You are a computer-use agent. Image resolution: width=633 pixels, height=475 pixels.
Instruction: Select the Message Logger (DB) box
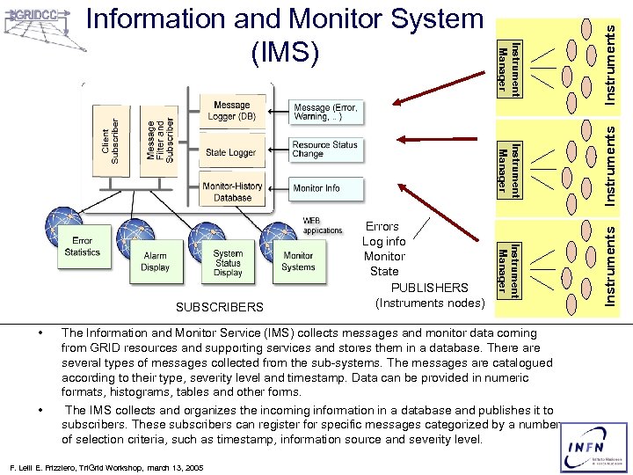(231, 111)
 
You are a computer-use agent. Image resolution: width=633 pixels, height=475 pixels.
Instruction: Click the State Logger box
(230, 152)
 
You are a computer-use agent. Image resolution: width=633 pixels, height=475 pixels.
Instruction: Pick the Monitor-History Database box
(232, 191)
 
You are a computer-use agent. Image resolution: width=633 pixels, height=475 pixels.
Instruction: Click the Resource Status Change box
(324, 149)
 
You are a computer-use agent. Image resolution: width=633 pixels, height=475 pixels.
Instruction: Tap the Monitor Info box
(316, 188)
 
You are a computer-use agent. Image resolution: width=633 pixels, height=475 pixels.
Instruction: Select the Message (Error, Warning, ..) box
(324, 111)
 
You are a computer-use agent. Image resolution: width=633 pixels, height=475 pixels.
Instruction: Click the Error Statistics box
(83, 246)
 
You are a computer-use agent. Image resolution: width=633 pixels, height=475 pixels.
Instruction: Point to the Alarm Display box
(155, 261)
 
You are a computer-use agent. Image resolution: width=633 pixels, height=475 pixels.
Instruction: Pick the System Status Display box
(228, 262)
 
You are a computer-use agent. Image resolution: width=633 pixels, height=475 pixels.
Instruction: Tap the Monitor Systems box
(298, 261)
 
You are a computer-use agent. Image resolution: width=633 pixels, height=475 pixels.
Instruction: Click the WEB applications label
(323, 225)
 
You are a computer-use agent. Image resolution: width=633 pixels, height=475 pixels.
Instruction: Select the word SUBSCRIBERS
(219, 307)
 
